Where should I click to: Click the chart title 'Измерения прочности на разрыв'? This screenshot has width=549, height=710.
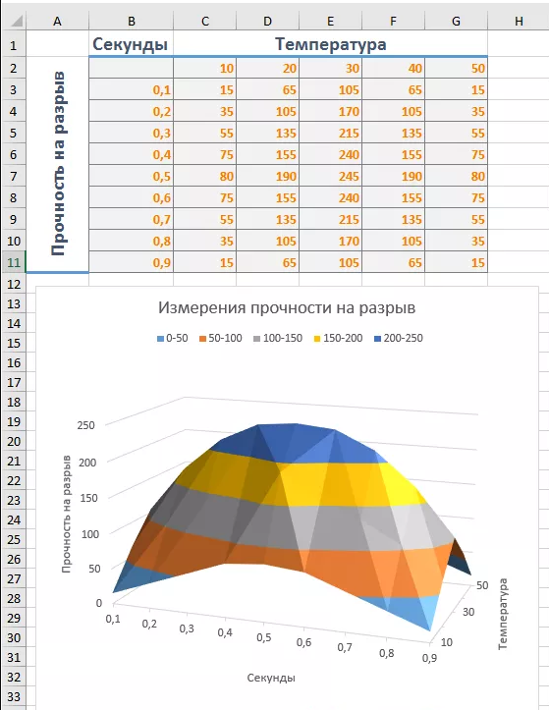287,308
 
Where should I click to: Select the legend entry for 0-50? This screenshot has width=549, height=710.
172,338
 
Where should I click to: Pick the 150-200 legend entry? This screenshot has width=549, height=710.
338,338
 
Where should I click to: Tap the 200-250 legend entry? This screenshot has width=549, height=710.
399,338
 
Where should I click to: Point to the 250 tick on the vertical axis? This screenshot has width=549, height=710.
86,425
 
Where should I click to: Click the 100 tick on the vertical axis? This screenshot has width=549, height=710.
90,534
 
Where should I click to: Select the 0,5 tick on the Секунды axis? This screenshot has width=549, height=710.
264,637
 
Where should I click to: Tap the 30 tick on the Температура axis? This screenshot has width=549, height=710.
468,612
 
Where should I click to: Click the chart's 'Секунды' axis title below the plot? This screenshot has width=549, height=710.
271,678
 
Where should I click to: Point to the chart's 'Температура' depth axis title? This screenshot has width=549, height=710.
503,614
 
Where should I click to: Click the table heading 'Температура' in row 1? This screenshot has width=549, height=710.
331,44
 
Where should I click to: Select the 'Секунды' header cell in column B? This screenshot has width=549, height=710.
130,44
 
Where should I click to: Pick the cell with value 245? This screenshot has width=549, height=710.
349,176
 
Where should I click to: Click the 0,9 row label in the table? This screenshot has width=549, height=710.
162,263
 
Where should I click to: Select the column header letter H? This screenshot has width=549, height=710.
519,21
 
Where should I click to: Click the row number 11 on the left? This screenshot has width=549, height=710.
14,262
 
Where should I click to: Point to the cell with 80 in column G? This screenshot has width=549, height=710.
478,176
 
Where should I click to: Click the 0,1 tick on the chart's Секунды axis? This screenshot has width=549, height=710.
113,619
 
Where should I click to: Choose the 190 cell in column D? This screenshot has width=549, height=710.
286,176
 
